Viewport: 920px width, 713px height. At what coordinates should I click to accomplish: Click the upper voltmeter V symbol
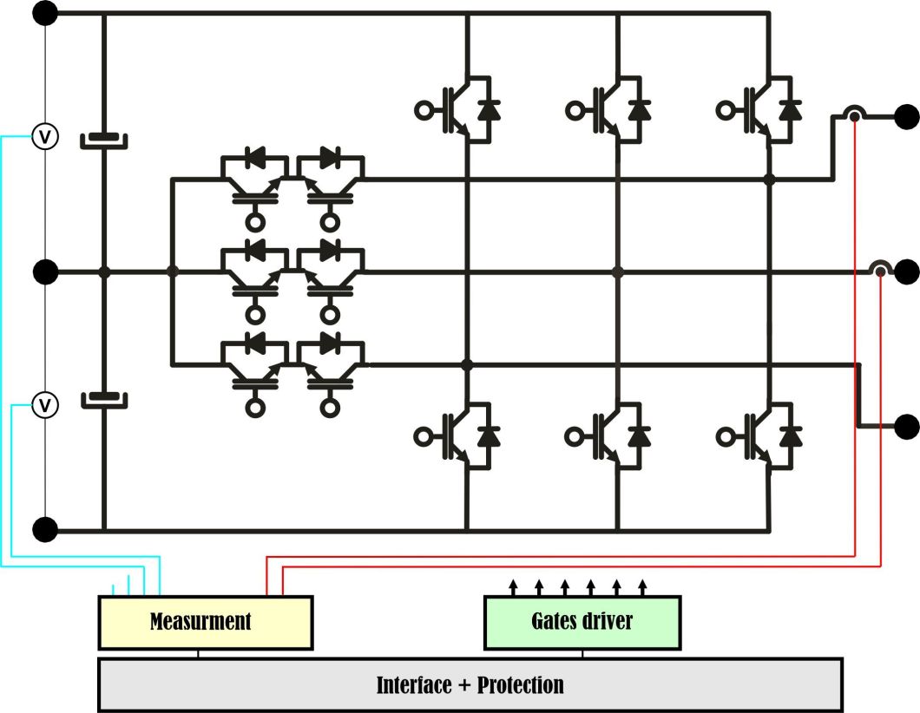pos(45,136)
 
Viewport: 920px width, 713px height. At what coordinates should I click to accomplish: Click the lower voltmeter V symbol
pos(45,404)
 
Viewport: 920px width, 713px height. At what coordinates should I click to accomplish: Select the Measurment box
pos(205,622)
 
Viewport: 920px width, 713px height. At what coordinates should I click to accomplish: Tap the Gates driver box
pos(582,622)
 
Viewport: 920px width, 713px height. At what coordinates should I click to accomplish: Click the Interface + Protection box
pos(470,684)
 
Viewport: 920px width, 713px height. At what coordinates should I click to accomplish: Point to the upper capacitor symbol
pos(104,140)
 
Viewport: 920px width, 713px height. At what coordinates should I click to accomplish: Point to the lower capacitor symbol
pos(104,400)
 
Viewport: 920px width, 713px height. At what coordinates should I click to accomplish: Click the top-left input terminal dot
pos(45,13)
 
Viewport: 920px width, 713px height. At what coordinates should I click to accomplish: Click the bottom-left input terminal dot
pos(45,528)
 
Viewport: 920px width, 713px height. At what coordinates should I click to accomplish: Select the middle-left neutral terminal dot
pos(45,272)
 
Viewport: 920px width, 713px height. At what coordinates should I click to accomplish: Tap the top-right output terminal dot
pos(907,114)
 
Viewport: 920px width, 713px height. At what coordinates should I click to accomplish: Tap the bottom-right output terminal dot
pos(907,426)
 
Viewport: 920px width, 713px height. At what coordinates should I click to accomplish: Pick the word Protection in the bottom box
pos(520,685)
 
